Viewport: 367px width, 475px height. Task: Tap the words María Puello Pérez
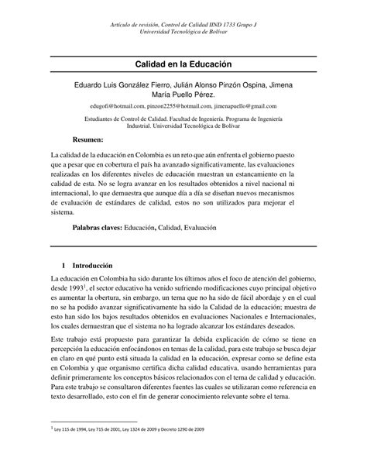(183, 91)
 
